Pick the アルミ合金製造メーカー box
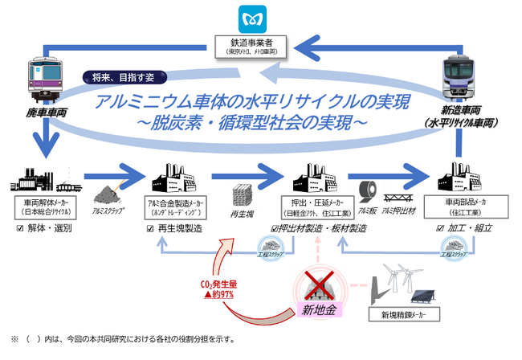(x=175, y=207)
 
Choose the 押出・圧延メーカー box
(x=316, y=207)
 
